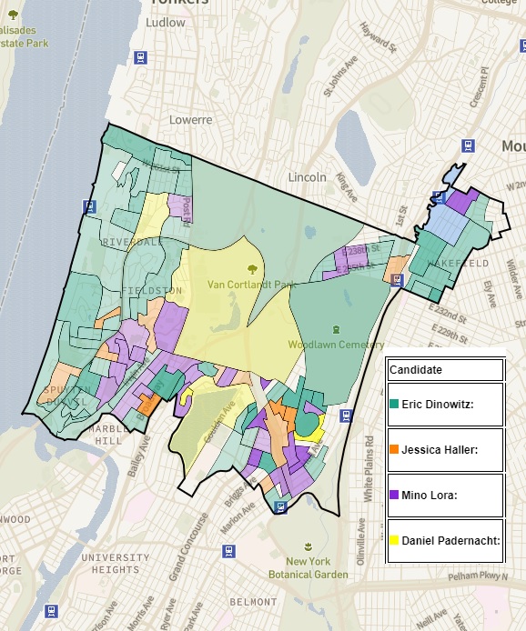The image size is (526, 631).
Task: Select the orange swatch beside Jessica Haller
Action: [393, 449]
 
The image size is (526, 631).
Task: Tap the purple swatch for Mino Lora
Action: [393, 495]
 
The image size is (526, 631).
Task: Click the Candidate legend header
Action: [416, 371]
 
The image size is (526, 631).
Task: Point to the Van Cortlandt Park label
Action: [252, 285]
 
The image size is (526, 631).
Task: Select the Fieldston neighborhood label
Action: [151, 290]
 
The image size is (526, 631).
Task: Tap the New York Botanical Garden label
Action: [309, 568]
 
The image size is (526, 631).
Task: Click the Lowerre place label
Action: [190, 119]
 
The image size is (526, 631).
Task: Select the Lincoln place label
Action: [307, 176]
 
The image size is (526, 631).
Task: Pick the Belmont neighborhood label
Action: [253, 602]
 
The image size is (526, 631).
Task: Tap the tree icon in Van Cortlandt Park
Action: [252, 268]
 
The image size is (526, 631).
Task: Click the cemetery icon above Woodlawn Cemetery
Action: [336, 329]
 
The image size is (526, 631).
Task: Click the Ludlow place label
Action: [165, 22]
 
